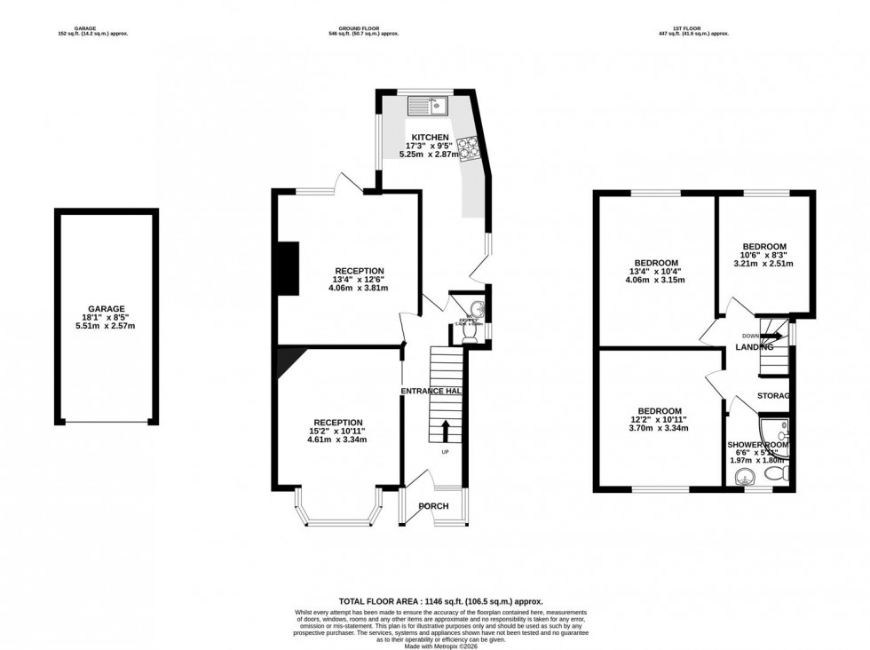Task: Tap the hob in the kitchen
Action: (x=469, y=145)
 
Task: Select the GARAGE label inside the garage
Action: (x=106, y=309)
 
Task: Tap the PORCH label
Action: (x=434, y=507)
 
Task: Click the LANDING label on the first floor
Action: (x=755, y=347)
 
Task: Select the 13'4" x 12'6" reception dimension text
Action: (x=359, y=280)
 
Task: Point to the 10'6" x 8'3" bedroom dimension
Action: (x=763, y=255)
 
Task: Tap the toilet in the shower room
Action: (x=776, y=477)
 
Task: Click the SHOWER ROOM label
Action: (x=759, y=444)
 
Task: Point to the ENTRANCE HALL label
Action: (x=433, y=391)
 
